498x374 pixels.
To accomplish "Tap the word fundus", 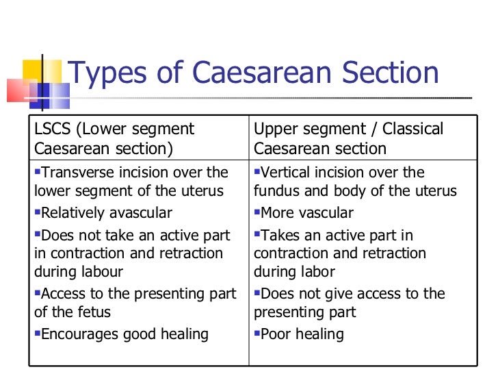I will pos(276,191).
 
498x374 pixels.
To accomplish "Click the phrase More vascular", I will pos(307,213).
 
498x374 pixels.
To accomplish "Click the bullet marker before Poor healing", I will pos(257,334).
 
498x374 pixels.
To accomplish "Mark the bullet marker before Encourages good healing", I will pos(38,334).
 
